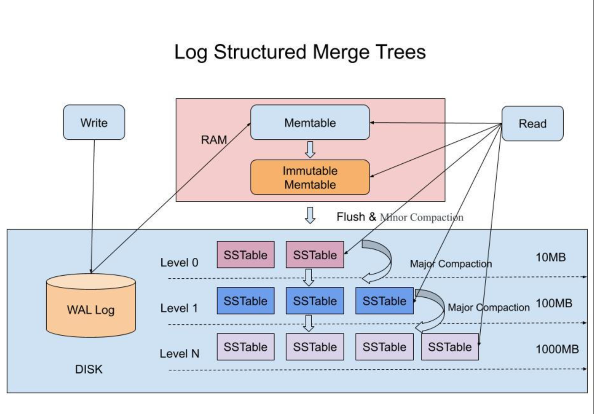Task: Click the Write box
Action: click(x=94, y=122)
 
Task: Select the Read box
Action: click(x=532, y=124)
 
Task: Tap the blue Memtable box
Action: click(x=310, y=123)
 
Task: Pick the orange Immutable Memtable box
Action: click(x=310, y=177)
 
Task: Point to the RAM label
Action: click(x=213, y=140)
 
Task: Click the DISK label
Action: click(x=89, y=370)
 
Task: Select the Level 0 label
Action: click(x=179, y=262)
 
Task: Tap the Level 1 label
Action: click(x=179, y=309)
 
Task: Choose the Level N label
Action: click(x=179, y=354)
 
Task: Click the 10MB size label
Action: click(x=551, y=258)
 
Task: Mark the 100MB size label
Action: click(x=554, y=303)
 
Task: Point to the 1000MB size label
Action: click(x=557, y=349)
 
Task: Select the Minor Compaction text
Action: click(x=421, y=218)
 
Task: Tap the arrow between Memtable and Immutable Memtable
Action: click(x=310, y=150)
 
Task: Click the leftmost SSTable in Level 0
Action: click(x=246, y=255)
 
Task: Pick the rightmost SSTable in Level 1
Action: click(x=384, y=301)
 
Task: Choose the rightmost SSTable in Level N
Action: click(x=449, y=347)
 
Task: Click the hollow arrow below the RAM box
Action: click(x=310, y=215)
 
